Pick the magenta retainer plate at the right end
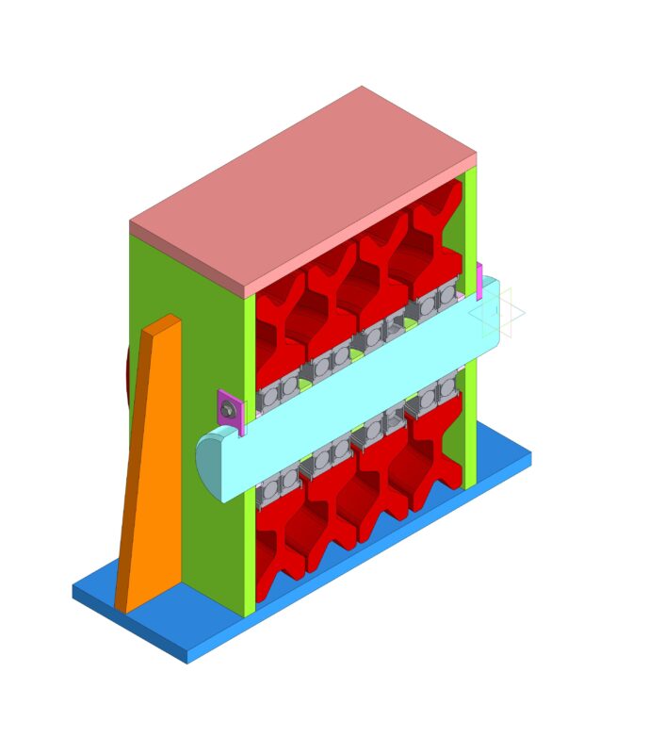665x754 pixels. [x=479, y=282]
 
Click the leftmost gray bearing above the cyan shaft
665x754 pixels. [x=269, y=396]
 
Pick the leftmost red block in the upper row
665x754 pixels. [x=278, y=330]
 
